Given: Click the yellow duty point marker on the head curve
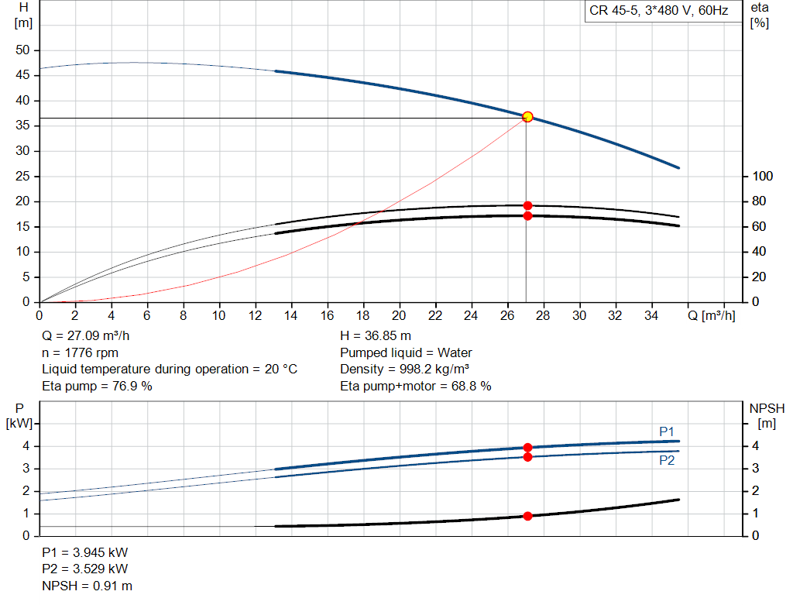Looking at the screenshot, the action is (x=527, y=117).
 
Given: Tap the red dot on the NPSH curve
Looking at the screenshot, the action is (x=527, y=516).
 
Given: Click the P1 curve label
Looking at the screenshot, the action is (x=667, y=431).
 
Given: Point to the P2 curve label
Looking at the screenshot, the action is (x=667, y=460).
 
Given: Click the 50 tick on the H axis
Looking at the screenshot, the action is (x=22, y=50).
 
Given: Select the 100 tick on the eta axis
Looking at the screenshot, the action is (x=763, y=176).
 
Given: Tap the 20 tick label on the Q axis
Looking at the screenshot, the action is (x=399, y=315).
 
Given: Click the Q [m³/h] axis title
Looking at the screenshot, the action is (x=712, y=315).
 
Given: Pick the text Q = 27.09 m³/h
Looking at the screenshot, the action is (x=86, y=336).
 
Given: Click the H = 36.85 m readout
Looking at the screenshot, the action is (x=376, y=336).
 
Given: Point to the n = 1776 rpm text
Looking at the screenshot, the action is (x=81, y=352).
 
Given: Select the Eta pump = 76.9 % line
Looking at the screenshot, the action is (x=97, y=386).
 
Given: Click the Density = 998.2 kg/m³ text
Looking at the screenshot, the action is (x=404, y=370).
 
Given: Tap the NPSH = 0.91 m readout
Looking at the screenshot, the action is (x=88, y=586).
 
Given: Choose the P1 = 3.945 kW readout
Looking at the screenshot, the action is (x=85, y=552).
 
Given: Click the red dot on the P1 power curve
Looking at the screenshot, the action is (x=527, y=448).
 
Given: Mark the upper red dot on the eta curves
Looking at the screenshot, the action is (x=527, y=205).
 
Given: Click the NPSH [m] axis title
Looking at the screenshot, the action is (x=767, y=416).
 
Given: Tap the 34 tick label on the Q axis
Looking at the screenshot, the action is (x=651, y=315).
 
